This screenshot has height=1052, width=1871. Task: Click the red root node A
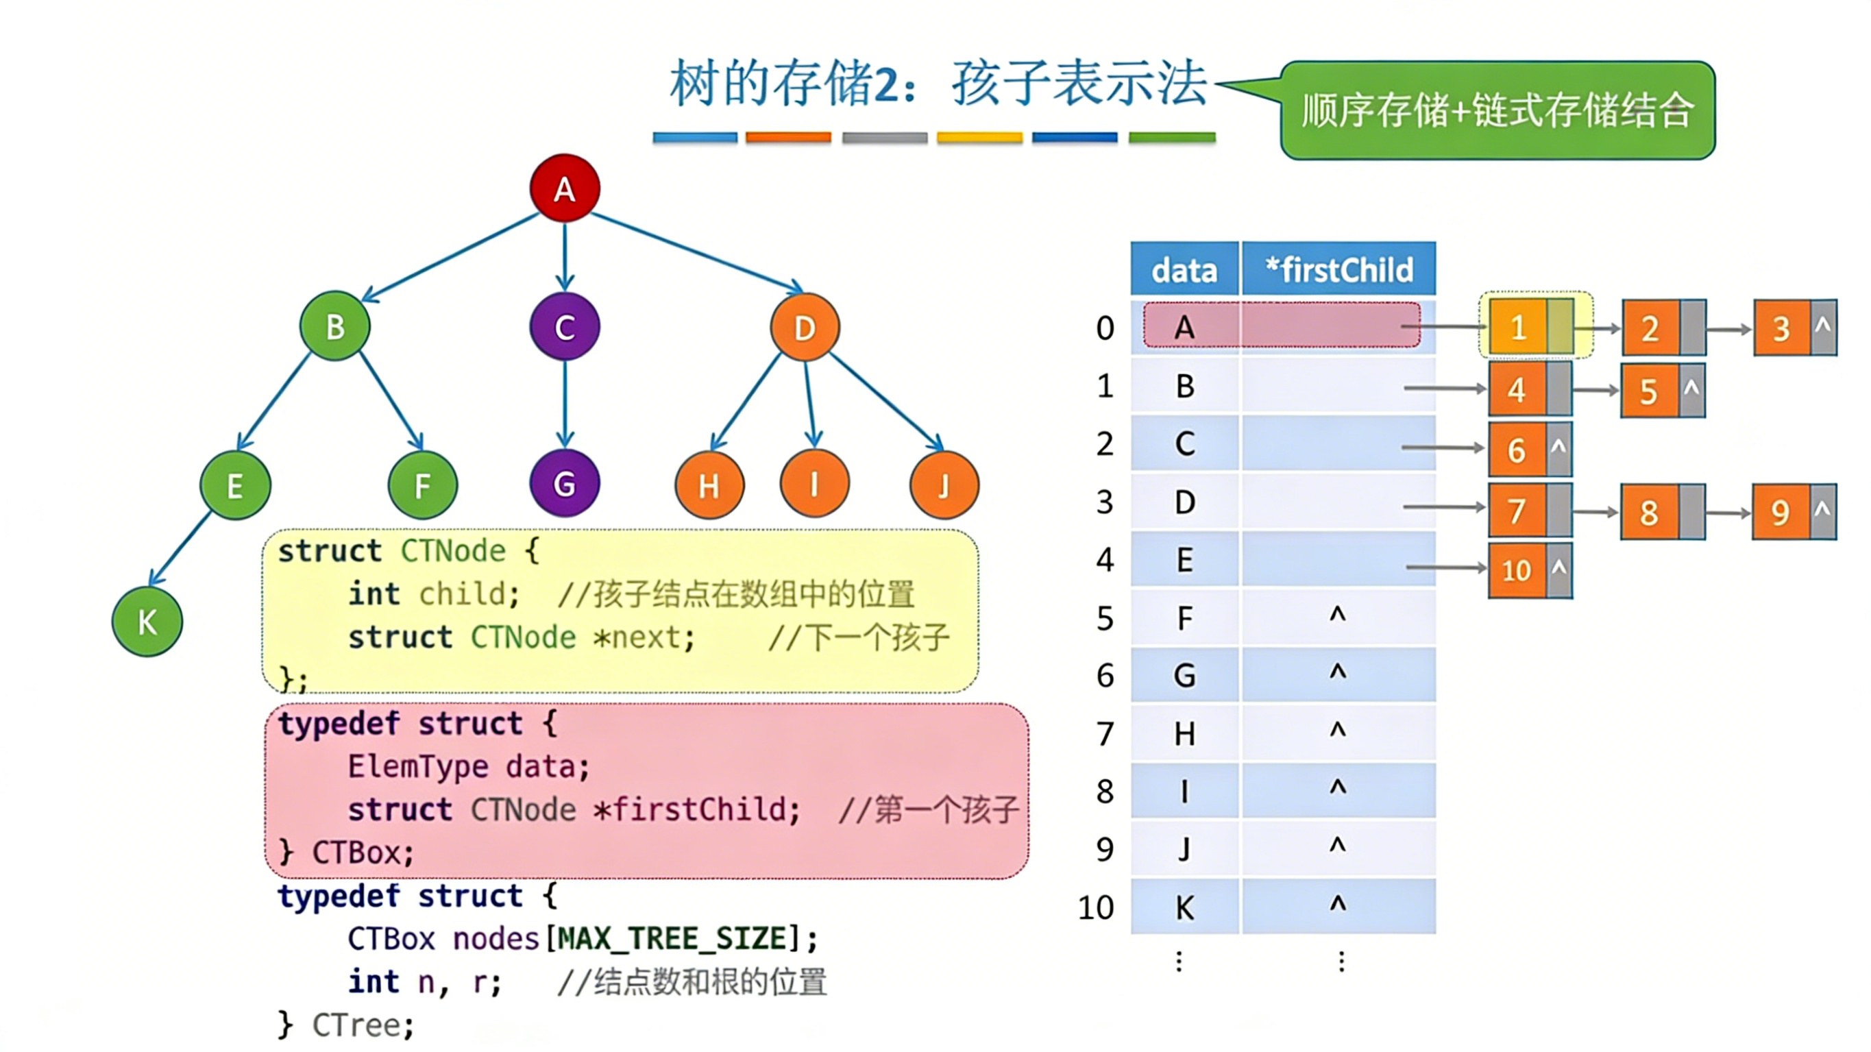click(x=564, y=188)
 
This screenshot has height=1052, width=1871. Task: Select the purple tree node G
click(x=564, y=484)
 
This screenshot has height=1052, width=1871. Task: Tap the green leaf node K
click(x=147, y=622)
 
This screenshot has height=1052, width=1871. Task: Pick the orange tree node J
click(x=944, y=485)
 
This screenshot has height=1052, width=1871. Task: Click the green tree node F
click(x=423, y=485)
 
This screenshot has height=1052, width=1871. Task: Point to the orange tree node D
click(x=805, y=328)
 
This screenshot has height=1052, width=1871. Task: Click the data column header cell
click(x=1184, y=269)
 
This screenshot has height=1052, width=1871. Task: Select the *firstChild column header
click(x=1338, y=269)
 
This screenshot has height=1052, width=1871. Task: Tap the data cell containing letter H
click(x=1184, y=734)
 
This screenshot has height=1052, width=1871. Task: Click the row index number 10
click(x=1095, y=907)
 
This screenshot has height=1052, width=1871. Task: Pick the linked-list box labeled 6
click(x=1517, y=450)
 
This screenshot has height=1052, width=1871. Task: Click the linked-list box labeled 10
click(x=1517, y=571)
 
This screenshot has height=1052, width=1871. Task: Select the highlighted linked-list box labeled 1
click(x=1518, y=328)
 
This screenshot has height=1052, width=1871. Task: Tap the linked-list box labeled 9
click(x=1781, y=513)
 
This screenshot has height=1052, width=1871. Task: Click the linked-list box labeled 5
click(x=1649, y=391)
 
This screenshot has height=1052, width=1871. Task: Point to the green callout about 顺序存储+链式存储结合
click(x=1497, y=110)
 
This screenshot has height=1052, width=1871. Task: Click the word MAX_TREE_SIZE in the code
click(x=667, y=939)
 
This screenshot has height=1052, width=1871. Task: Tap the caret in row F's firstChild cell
click(x=1338, y=615)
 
